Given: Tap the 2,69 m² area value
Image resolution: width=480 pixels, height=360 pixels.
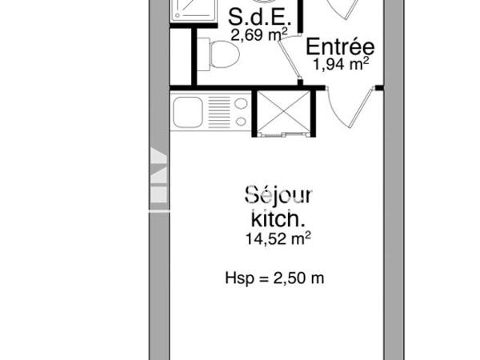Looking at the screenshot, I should coord(255,34).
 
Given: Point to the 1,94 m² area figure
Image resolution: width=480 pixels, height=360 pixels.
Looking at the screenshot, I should coord(341,65).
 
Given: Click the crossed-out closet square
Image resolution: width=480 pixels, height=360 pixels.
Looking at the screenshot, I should coord(280,113).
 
